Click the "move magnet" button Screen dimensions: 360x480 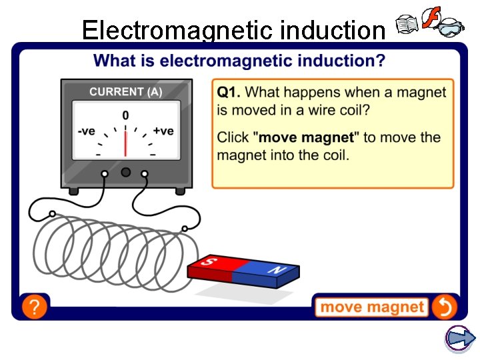371,307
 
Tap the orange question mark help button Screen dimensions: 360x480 34,307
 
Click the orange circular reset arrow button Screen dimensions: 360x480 444,307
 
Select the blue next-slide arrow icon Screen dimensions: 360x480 459,338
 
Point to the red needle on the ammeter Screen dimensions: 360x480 125,141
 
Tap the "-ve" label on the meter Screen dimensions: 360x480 87,131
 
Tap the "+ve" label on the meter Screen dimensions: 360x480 163,131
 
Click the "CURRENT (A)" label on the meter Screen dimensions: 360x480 125,92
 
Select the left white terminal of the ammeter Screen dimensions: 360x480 105,173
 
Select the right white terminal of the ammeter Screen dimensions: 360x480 145,173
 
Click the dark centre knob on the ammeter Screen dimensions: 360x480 125,173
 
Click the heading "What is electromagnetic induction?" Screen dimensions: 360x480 239,61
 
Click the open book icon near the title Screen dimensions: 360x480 406,26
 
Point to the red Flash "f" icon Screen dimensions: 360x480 432,19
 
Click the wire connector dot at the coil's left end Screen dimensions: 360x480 52,215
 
